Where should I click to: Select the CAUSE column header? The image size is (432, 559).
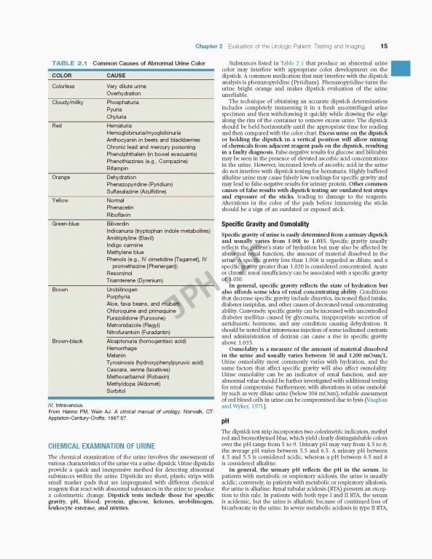click(x=116, y=75)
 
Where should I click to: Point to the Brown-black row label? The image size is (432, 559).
click(x=67, y=340)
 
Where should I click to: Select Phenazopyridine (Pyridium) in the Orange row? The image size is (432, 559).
click(x=139, y=185)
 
